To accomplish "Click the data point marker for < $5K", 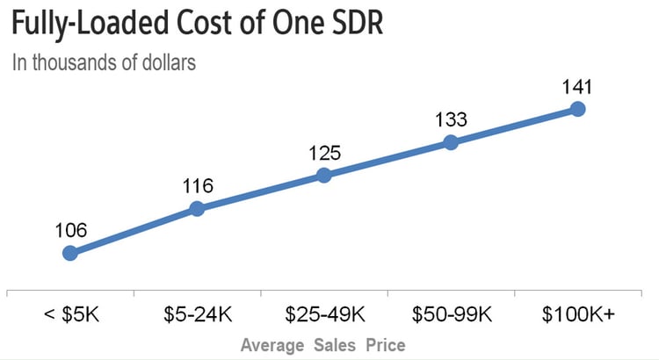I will (70, 253).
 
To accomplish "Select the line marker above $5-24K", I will (197, 209).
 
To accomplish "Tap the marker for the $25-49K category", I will (323, 175).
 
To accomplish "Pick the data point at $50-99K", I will (451, 142).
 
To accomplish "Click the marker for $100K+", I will (577, 109).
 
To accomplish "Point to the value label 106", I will (70, 231).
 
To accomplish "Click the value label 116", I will (197, 186).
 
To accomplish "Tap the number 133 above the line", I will (451, 119).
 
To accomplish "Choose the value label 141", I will (577, 87).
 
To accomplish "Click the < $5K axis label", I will (70, 314).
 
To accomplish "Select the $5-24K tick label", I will (197, 314).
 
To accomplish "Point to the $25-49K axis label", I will (323, 314).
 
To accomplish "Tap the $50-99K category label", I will (451, 314).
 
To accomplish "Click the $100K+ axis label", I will (577, 314).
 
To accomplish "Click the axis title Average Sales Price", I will (323, 343).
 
